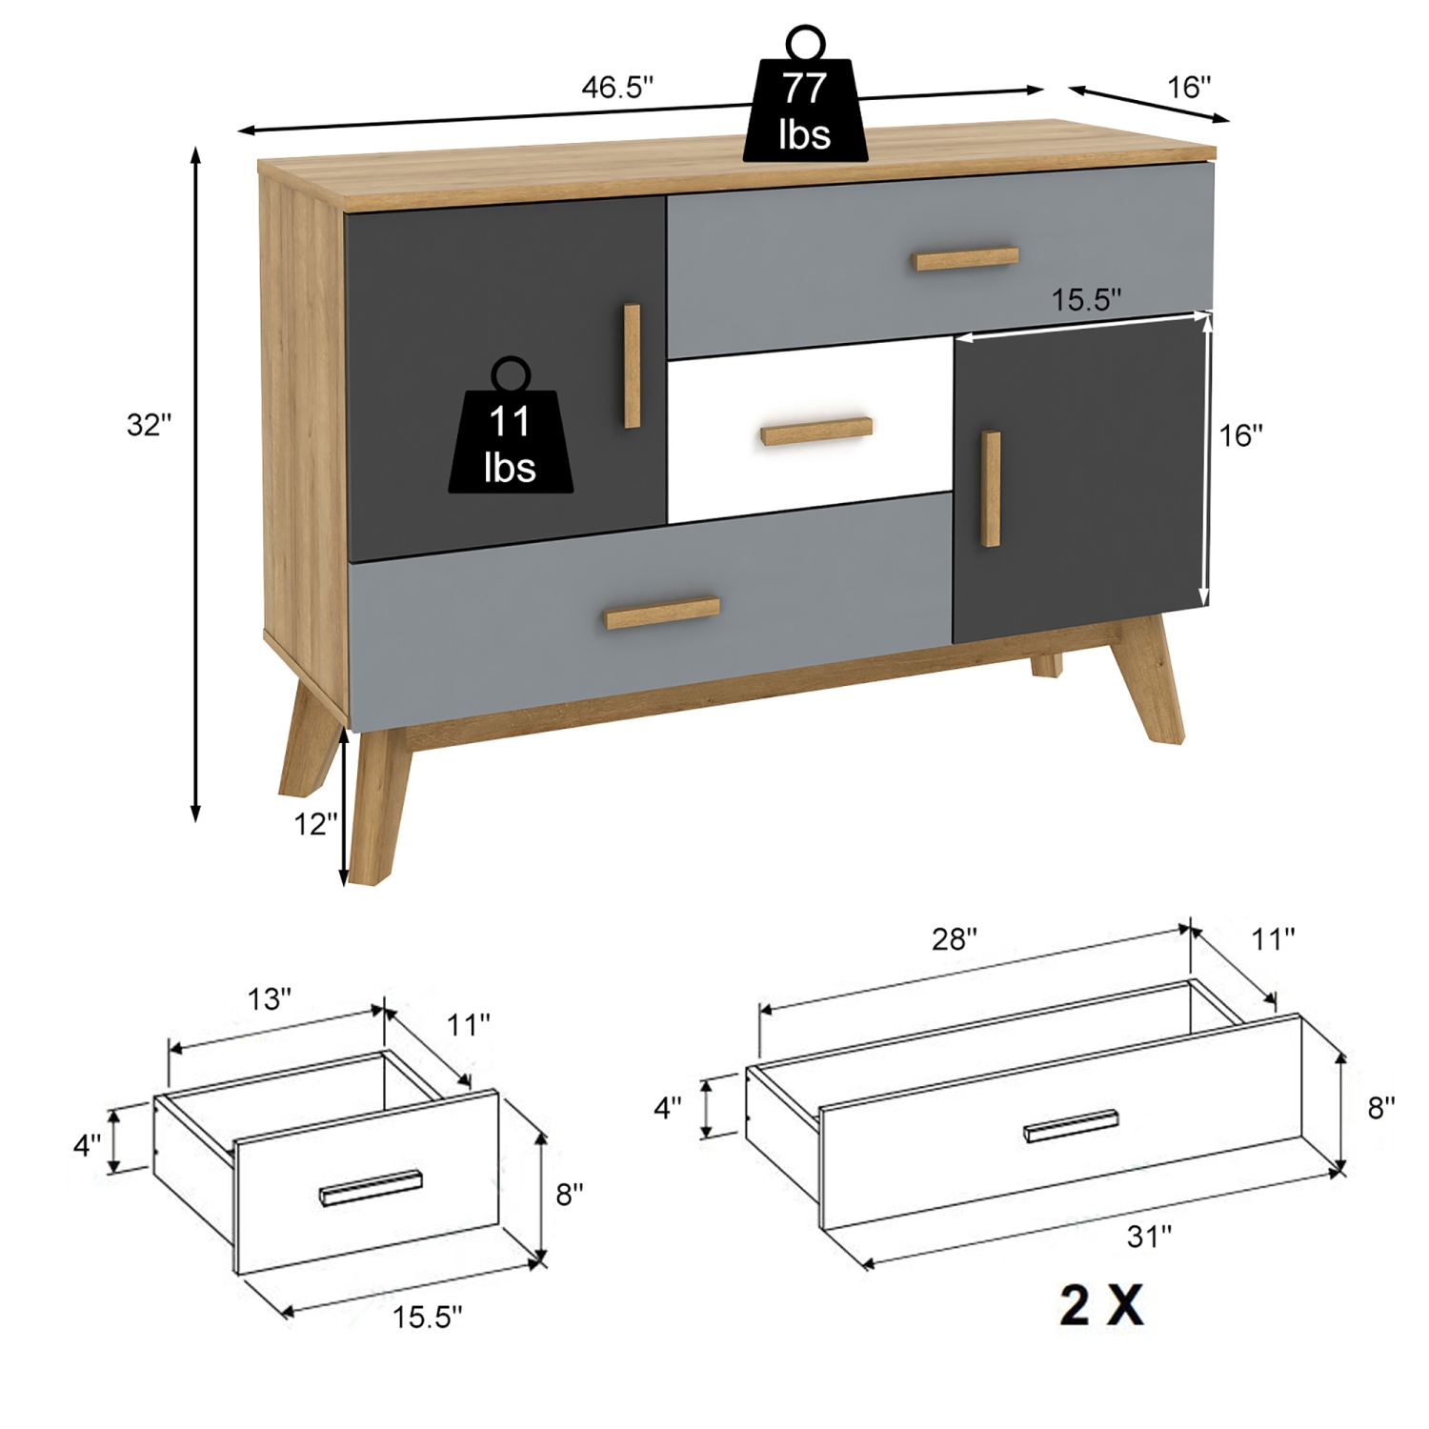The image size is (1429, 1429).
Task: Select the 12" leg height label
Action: tap(315, 824)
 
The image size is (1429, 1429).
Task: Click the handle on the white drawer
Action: tap(817, 431)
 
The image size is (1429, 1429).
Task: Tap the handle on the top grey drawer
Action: tap(966, 258)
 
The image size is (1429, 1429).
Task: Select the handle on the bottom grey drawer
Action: tap(662, 613)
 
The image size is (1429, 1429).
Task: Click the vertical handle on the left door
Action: tap(631, 366)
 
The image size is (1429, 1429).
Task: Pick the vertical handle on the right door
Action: tap(992, 489)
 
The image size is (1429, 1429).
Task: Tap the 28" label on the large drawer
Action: tap(954, 940)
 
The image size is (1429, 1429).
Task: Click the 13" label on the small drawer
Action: tap(270, 999)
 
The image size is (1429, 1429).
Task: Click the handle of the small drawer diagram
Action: tap(372, 1188)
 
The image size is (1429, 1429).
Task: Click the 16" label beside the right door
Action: tap(1241, 436)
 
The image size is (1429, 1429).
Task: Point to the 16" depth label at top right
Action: tap(1189, 88)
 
